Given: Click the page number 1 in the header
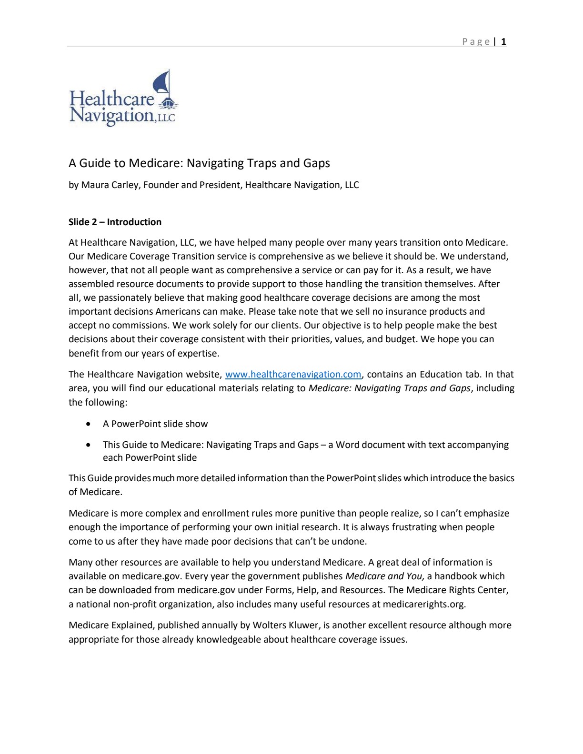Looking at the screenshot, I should [503, 41].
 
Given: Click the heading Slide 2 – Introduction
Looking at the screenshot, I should [115, 222].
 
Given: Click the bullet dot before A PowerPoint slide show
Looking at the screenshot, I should [89, 424].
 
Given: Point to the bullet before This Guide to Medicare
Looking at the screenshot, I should [89, 445].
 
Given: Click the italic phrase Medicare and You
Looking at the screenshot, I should [384, 576].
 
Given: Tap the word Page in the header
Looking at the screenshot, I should [476, 42].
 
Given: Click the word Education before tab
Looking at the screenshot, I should [441, 375].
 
